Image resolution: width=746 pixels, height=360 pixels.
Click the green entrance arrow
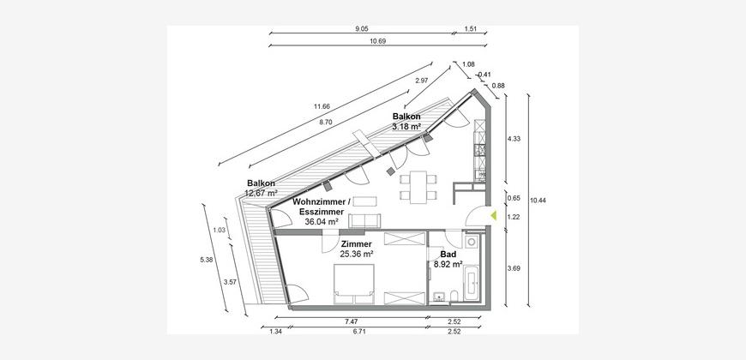click(493, 215)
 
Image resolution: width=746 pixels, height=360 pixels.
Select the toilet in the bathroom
click(454, 296)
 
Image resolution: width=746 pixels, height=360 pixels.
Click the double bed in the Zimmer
click(353, 284)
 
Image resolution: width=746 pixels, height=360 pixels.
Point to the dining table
click(418, 188)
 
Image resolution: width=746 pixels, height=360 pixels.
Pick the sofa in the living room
click(365, 221)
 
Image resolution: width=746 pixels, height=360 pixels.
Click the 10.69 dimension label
click(378, 41)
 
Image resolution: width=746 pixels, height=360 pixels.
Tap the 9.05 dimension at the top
click(362, 28)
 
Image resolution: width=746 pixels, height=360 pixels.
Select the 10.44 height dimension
click(538, 201)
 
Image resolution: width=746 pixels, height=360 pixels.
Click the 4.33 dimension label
click(514, 139)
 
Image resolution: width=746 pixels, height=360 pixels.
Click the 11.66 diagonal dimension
click(322, 106)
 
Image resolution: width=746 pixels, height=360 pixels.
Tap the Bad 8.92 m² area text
click(448, 259)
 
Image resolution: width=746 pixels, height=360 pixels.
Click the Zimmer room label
click(357, 244)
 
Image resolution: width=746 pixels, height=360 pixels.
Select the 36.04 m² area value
click(322, 221)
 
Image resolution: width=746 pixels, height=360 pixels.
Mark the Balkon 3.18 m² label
click(406, 122)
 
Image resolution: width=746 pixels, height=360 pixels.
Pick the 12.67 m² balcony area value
click(262, 193)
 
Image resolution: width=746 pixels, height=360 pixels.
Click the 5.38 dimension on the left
click(206, 260)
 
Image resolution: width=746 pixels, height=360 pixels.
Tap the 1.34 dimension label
click(275, 332)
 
